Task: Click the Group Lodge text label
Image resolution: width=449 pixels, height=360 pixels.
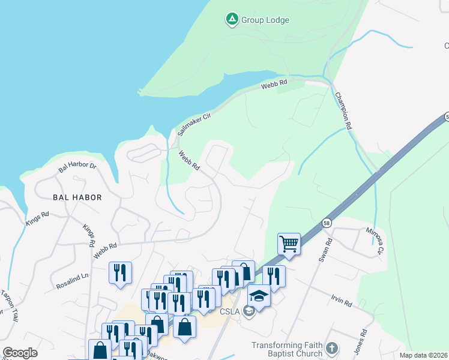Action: tap(265, 20)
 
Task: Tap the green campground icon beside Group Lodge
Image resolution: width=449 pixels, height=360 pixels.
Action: tap(232, 20)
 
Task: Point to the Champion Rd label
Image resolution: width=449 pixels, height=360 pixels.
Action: tap(343, 112)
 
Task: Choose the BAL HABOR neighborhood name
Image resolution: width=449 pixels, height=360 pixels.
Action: tap(77, 197)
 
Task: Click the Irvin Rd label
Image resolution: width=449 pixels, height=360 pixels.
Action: tap(340, 301)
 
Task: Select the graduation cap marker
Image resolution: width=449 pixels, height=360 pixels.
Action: tap(259, 296)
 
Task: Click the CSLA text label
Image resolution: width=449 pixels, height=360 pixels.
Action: tap(231, 311)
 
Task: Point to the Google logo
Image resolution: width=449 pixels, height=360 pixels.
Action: tap(20, 353)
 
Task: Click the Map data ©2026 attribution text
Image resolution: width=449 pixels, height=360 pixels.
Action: tap(423, 355)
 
